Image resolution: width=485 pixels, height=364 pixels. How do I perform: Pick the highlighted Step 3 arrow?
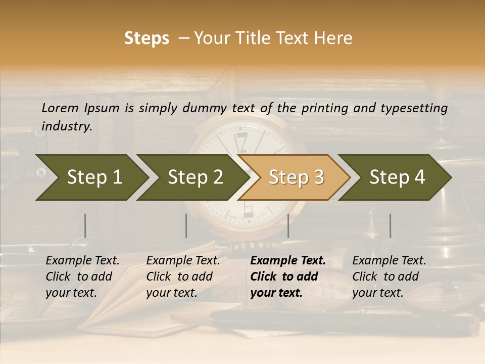click(296, 177)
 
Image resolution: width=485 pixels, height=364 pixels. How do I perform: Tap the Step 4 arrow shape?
click(397, 177)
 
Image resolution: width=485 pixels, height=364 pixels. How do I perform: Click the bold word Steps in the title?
click(147, 38)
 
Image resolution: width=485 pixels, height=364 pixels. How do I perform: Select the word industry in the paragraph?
click(66, 126)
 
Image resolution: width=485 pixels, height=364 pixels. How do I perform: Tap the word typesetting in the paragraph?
click(414, 108)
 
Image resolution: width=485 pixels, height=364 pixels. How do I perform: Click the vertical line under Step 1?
click(85, 225)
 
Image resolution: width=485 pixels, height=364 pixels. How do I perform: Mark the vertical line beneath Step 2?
click(186, 225)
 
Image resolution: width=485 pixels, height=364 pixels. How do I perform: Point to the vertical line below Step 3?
click(288, 225)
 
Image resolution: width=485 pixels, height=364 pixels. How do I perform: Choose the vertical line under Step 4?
click(390, 225)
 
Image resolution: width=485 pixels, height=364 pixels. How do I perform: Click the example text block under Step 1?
click(82, 277)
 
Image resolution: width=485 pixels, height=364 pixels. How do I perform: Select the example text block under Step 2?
click(183, 277)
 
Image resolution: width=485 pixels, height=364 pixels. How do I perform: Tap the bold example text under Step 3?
click(288, 277)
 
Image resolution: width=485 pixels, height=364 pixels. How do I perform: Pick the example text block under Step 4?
click(389, 277)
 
